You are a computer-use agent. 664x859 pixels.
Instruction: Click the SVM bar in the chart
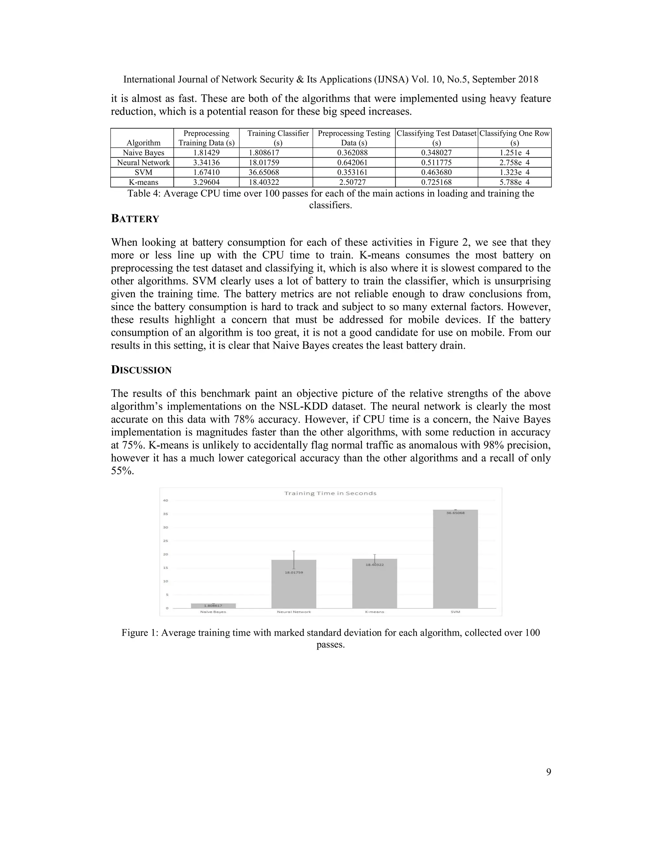455,560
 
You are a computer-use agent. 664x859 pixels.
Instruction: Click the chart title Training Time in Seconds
330,493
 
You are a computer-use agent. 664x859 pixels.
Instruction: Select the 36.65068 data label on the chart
455,513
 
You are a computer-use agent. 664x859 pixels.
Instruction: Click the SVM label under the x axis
456,612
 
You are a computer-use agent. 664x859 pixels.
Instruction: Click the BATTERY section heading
135,219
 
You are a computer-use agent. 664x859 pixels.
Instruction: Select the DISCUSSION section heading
141,370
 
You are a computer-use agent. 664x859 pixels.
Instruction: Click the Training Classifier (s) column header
278,138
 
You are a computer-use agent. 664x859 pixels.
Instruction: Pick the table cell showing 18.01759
264,162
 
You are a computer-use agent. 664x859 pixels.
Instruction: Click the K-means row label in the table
143,182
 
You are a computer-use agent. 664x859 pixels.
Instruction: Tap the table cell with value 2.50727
354,182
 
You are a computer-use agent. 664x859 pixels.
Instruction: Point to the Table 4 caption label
143,194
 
